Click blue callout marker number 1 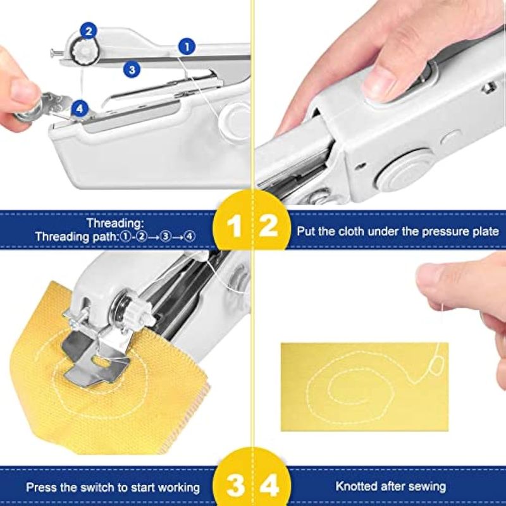[187, 46]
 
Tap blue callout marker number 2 [89, 30]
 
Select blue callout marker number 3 [132, 70]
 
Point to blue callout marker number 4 [80, 108]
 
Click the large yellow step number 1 [234, 226]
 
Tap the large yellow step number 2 [268, 226]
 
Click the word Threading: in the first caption [115, 223]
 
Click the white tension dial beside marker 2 [85, 51]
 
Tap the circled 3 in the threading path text [166, 237]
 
